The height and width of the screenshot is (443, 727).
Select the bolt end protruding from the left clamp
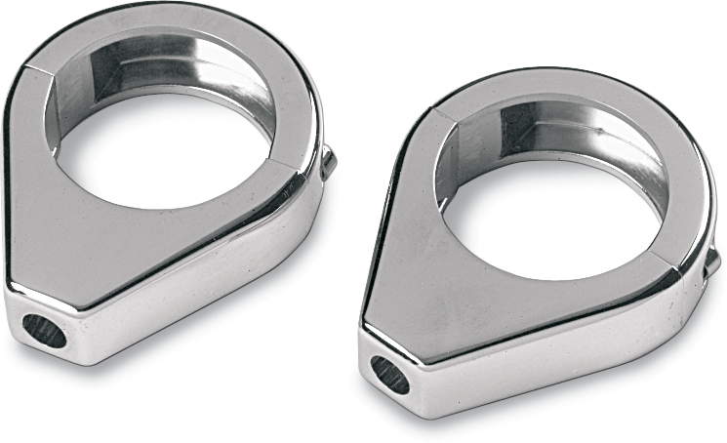329,163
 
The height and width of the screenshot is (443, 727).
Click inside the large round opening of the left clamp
166,146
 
